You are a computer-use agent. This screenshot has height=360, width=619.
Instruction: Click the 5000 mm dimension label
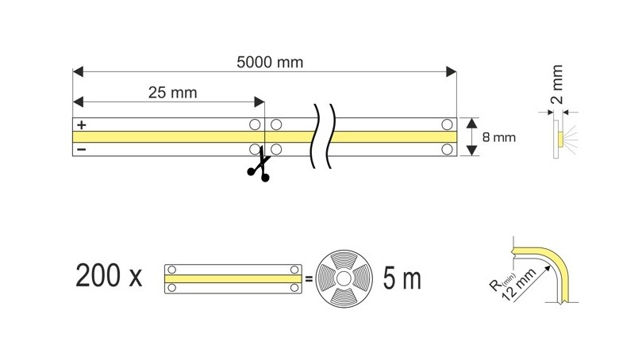point(269,62)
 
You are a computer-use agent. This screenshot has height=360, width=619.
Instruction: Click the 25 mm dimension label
point(172,93)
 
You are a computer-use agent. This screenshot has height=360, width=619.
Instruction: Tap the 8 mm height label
point(499,137)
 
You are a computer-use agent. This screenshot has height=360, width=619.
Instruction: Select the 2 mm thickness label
point(557,86)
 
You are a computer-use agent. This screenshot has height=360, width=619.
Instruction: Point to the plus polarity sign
point(80,125)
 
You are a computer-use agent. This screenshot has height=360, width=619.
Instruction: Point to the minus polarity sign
point(80,148)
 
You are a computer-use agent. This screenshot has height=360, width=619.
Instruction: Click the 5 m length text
point(402,279)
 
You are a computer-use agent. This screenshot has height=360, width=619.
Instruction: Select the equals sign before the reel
point(308,279)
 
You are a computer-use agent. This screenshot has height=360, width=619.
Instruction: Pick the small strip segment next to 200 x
point(233,279)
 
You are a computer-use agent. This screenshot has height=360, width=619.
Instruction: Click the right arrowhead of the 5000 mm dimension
point(452,73)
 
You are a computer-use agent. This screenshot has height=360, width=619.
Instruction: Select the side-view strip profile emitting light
point(559,139)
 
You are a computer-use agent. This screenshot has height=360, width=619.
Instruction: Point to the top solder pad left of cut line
point(255,124)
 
